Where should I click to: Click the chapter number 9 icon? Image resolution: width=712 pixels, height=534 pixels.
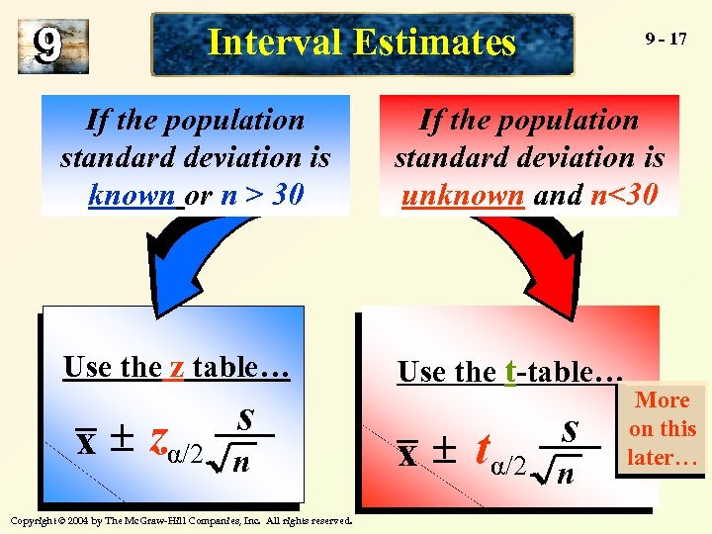tap(52, 45)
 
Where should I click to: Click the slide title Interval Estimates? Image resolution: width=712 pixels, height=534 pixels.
tap(362, 44)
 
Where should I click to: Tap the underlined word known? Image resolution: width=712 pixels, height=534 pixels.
tap(134, 195)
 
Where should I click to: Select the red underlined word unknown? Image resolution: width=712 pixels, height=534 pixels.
tap(463, 195)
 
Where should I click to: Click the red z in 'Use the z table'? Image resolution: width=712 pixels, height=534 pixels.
tap(176, 368)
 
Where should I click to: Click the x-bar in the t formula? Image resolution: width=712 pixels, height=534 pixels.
tap(406, 453)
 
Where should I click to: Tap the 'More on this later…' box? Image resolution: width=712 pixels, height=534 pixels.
tap(663, 429)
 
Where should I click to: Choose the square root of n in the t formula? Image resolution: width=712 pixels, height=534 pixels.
tap(555, 471)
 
